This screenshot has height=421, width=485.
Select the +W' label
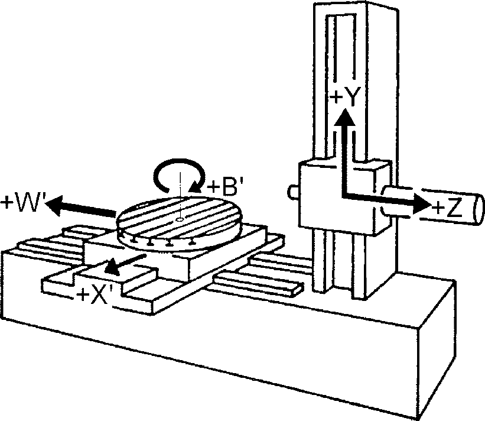click(x=22, y=202)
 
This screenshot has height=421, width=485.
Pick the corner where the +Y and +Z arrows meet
click(x=344, y=195)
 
